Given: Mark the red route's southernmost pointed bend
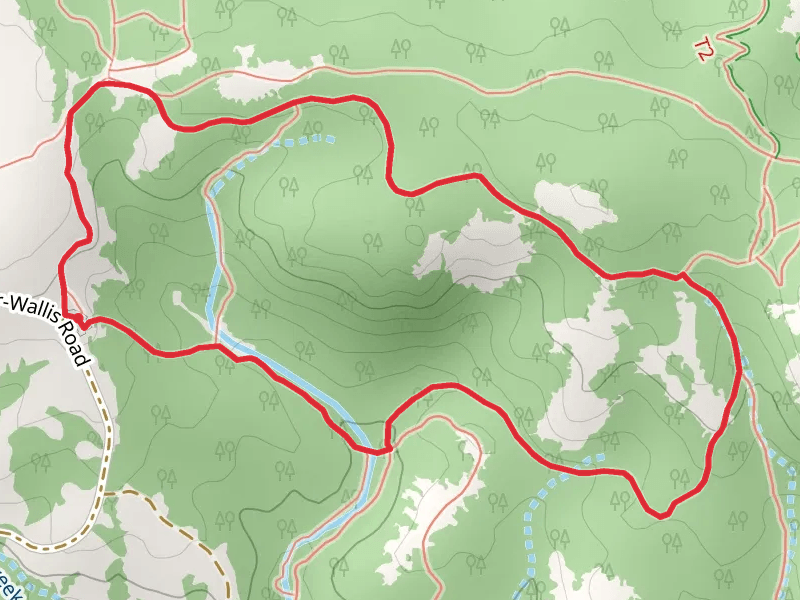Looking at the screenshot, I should pos(661,515).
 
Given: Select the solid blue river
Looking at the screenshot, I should pos(290,375).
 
